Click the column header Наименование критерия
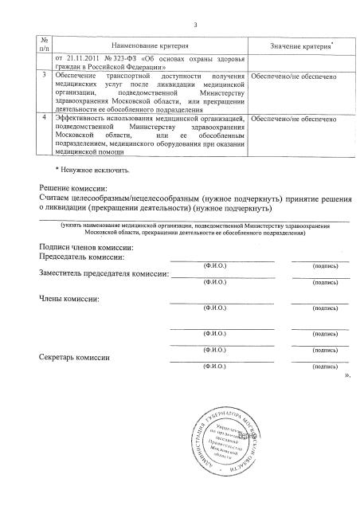tap(150, 47)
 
